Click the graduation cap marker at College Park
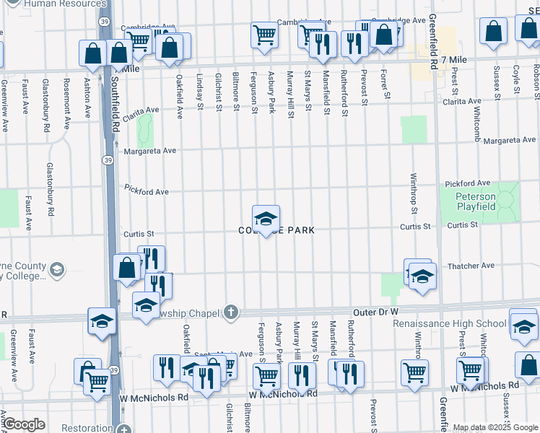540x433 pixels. pos(266,219)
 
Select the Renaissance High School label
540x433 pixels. pos(449,323)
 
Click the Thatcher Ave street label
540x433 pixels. pos(471,266)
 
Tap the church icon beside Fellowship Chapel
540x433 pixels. pos(230,312)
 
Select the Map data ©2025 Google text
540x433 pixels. pos(495,427)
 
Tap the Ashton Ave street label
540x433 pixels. pos(87,99)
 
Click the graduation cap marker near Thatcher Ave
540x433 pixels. pos(422,276)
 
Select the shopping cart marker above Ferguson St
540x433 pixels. pos(265,34)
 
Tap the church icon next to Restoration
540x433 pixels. pos(124,428)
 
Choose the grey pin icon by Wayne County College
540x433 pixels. pos(56,270)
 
